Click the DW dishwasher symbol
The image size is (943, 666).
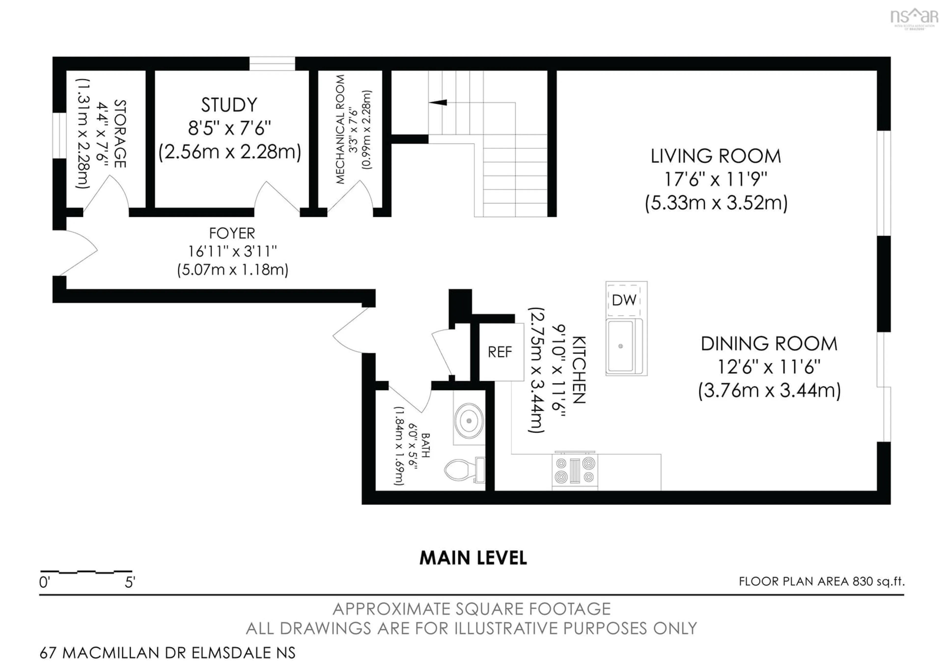tap(624, 300)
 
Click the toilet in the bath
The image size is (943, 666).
tap(464, 470)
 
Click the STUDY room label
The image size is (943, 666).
tap(229, 105)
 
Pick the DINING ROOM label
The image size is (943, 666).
tap(769, 344)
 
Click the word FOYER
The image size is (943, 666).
tap(232, 233)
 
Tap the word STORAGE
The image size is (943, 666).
tap(120, 133)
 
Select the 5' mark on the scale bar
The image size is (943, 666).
tap(130, 582)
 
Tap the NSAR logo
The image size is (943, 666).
tap(914, 17)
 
